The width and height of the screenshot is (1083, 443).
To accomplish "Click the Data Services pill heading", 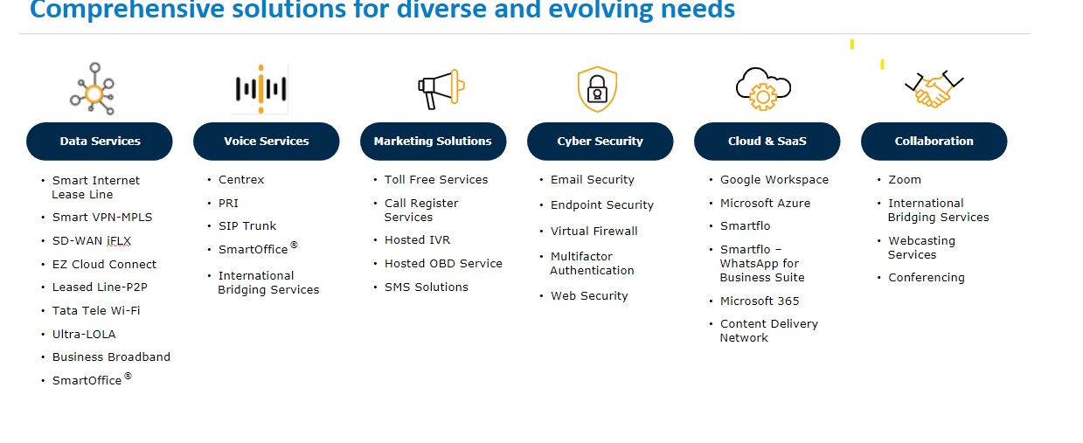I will [100, 141].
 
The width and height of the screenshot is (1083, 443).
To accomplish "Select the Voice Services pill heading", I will [266, 141].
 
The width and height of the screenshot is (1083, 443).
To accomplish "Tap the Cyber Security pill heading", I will [600, 141].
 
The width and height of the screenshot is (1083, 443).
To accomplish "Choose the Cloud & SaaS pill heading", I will [767, 141].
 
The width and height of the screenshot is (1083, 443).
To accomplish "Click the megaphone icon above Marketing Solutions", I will [441, 87].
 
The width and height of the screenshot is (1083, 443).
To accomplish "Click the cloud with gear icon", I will [763, 88].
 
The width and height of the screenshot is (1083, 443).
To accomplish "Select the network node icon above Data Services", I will [93, 88].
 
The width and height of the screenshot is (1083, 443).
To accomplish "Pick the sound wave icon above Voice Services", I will [260, 88].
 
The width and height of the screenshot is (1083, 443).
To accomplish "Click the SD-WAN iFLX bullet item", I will [91, 240].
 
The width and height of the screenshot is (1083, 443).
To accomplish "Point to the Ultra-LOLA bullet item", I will [84, 334].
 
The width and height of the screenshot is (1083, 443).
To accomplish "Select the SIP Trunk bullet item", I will [247, 226].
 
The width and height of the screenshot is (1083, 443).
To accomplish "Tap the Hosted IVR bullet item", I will [417, 239].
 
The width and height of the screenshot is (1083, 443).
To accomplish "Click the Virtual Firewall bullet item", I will [594, 231].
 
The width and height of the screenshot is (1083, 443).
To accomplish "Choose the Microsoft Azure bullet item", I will [765, 203].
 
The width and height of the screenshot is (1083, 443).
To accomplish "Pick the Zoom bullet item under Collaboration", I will [905, 179].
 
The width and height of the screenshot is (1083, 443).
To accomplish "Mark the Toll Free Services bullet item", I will [436, 179].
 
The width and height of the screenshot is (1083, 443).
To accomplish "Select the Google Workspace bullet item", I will [774, 179].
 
